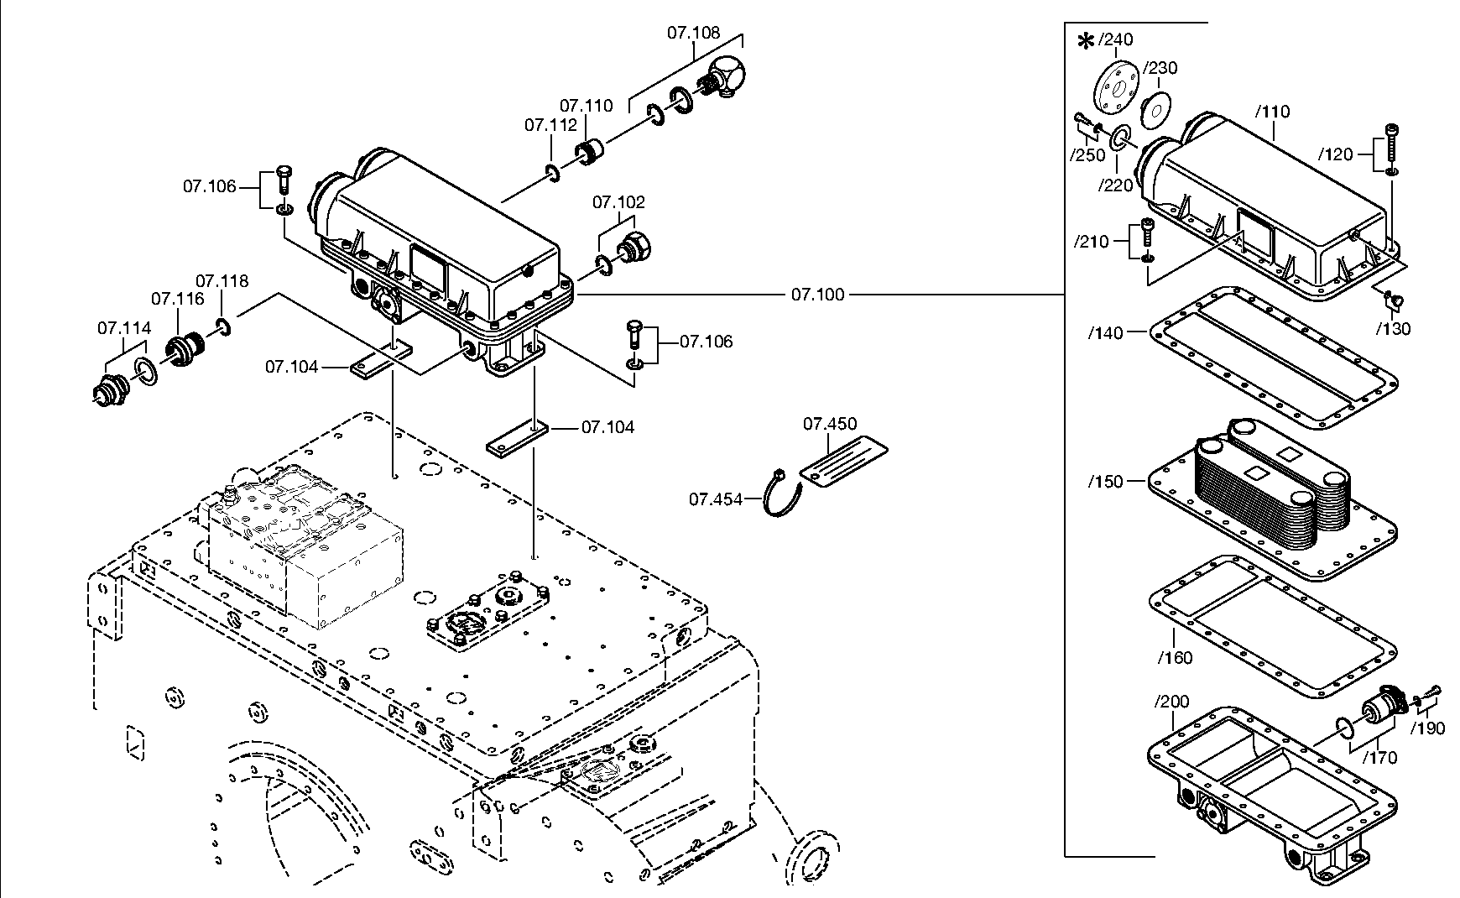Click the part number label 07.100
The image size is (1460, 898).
pyautogui.click(x=817, y=295)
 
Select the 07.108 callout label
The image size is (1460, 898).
pyautogui.click(x=694, y=33)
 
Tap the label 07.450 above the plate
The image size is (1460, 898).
pyautogui.click(x=830, y=424)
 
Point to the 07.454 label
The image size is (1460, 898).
pyautogui.click(x=716, y=499)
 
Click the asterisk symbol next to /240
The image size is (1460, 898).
pyautogui.click(x=1086, y=41)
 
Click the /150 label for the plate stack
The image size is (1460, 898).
pyautogui.click(x=1105, y=482)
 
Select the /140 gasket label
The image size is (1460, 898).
pyautogui.click(x=1105, y=333)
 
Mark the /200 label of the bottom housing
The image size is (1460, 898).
pyautogui.click(x=1171, y=702)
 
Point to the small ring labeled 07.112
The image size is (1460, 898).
pyautogui.click(x=551, y=172)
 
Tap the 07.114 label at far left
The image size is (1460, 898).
pyautogui.click(x=124, y=328)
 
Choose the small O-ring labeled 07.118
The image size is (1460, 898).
pyautogui.click(x=223, y=326)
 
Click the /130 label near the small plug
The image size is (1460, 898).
pyautogui.click(x=1394, y=329)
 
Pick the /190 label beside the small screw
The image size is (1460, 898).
pyautogui.click(x=1428, y=729)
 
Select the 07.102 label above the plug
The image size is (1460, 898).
pyautogui.click(x=619, y=202)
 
